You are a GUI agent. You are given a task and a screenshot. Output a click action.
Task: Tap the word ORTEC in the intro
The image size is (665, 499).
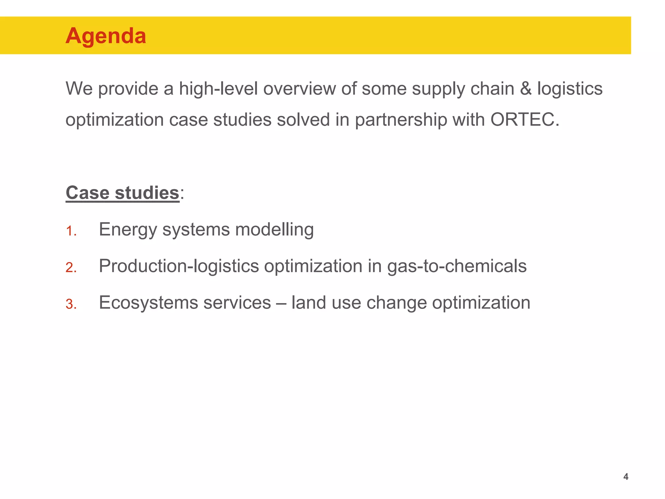pyautogui.click(x=525, y=120)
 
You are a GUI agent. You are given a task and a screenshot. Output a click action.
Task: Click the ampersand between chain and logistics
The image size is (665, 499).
pyautogui.click(x=525, y=89)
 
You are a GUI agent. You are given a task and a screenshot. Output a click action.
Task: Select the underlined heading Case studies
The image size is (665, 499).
pyautogui.click(x=122, y=193)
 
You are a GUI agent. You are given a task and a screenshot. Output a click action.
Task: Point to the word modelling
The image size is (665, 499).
pyautogui.click(x=274, y=229)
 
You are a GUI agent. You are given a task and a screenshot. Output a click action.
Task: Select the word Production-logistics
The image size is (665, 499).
pyautogui.click(x=179, y=266)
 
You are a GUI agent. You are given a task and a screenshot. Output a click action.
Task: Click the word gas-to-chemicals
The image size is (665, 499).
pyautogui.click(x=457, y=266)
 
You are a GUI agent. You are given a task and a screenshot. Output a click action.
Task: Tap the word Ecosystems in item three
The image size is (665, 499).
pyautogui.click(x=148, y=303)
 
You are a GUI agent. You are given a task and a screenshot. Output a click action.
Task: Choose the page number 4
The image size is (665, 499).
pyautogui.click(x=626, y=477)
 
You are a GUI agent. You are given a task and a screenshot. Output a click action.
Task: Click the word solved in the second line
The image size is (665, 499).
pyautogui.click(x=303, y=120)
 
